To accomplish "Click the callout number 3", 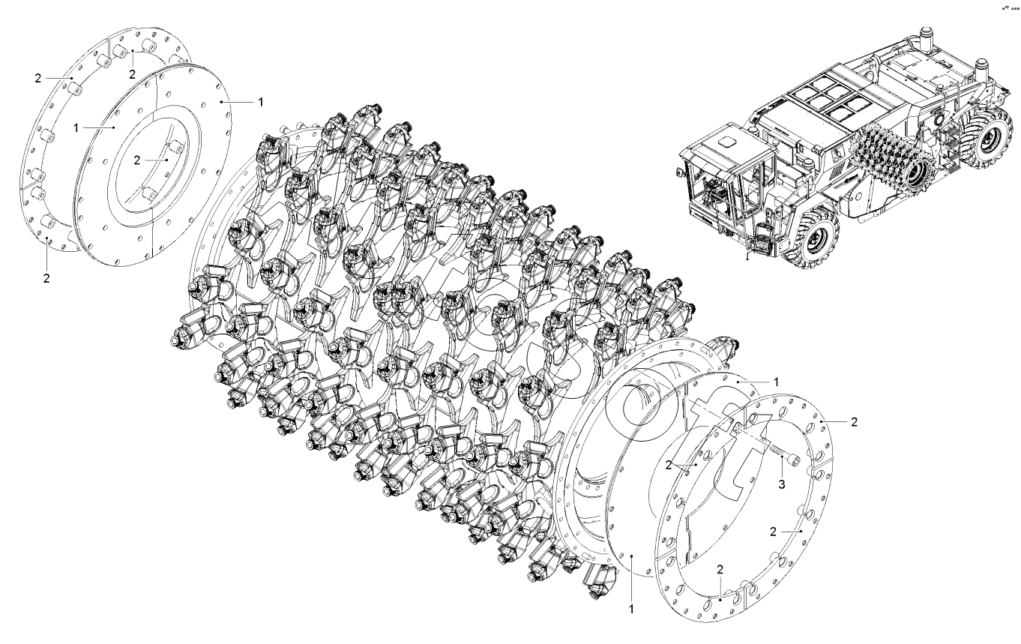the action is [781, 484].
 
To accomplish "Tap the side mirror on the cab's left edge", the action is [678, 172].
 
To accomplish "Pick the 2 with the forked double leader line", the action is [668, 465].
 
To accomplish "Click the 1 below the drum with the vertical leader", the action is [631, 609].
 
